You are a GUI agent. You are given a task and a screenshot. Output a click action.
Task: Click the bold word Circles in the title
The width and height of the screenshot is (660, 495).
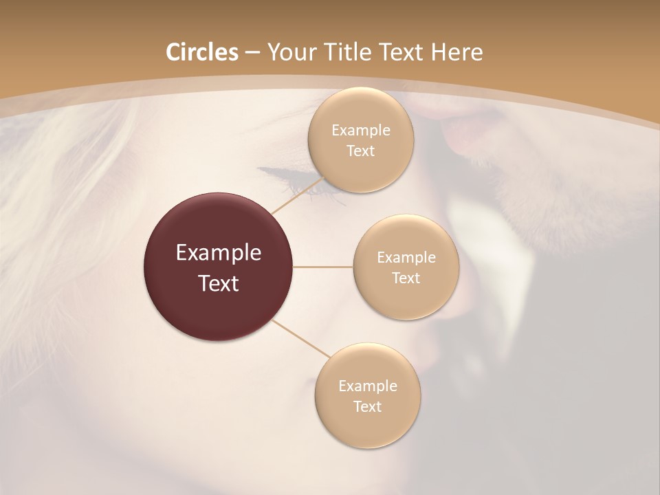click(x=201, y=52)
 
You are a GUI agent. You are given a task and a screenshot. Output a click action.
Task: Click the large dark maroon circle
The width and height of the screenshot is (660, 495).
click(x=219, y=267)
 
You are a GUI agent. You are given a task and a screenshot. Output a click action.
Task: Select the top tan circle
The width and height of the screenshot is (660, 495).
click(x=360, y=140)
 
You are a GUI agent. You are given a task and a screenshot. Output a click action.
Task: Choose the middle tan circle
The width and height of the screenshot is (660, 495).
click(x=406, y=267)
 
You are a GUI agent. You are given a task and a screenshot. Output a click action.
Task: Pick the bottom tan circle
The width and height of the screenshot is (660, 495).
click(x=367, y=395)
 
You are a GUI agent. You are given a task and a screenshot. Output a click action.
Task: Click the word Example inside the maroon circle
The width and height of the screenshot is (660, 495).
click(x=219, y=253)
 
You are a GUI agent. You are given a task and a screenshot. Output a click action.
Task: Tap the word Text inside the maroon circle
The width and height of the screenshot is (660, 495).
click(x=219, y=283)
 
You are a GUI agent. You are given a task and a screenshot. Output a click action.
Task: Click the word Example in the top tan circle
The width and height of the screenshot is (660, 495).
click(x=360, y=130)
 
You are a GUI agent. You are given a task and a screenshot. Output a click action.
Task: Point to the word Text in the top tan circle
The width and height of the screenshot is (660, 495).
click(x=360, y=151)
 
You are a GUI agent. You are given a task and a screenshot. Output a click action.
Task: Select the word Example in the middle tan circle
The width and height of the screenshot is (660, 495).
click(x=406, y=257)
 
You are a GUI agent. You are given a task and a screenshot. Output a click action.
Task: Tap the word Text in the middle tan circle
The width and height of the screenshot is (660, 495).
click(x=406, y=278)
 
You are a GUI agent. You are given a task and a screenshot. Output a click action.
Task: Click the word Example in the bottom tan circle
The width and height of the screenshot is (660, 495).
click(x=367, y=386)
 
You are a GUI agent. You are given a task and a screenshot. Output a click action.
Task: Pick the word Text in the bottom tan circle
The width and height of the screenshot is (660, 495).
click(x=367, y=406)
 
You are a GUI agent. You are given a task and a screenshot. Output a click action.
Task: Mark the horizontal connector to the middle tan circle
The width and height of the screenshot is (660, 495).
click(x=323, y=267)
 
